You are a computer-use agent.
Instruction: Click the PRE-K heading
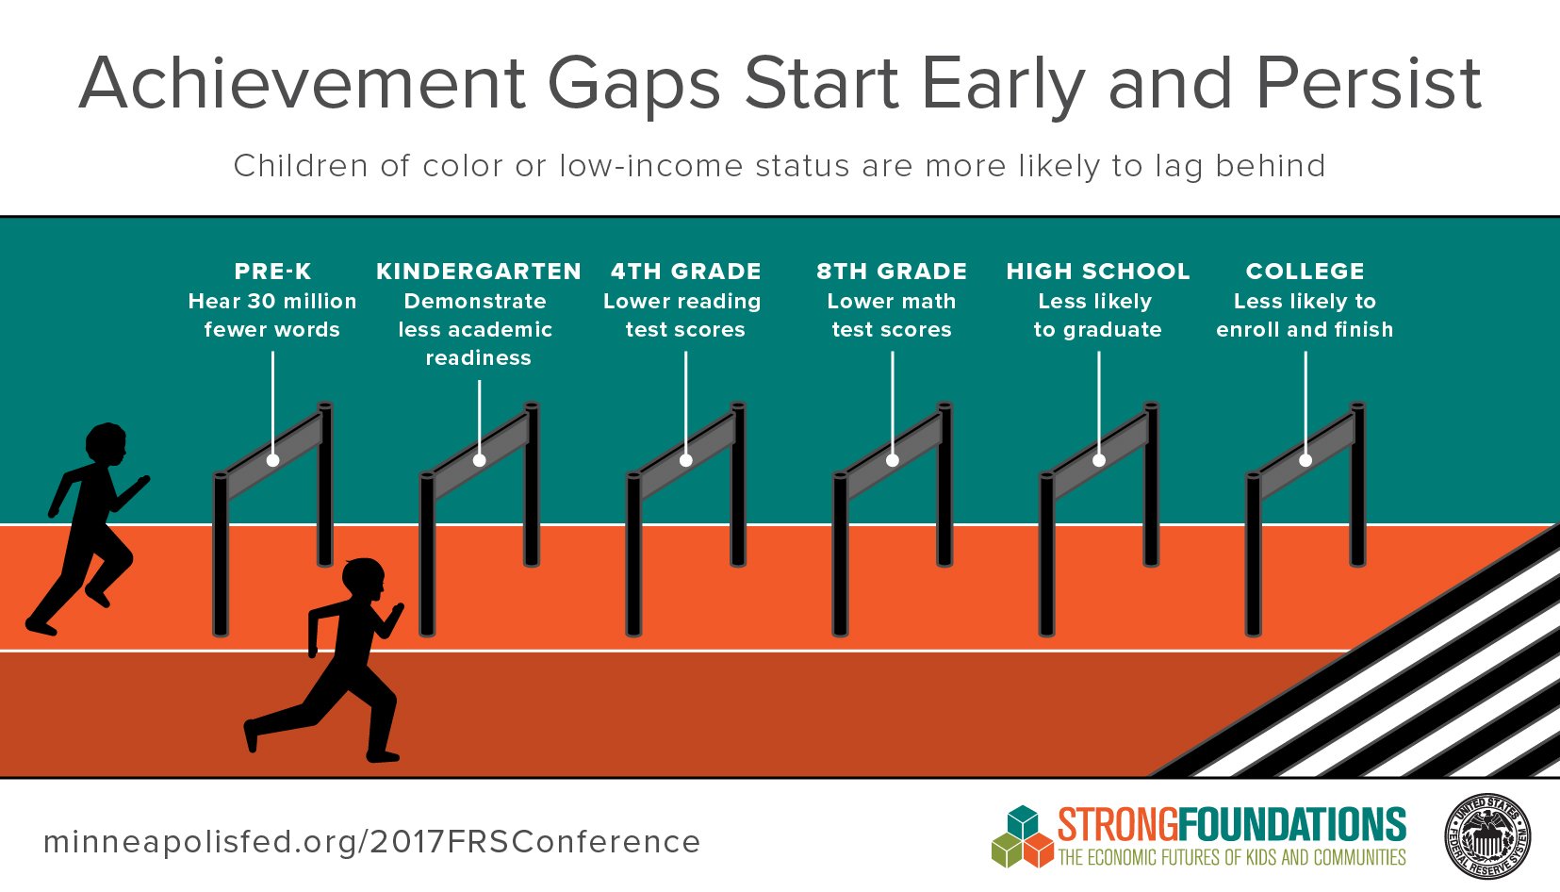272,271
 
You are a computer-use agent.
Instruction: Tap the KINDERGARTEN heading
479,271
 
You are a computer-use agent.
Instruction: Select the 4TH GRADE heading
686,271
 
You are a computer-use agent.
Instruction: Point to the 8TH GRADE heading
892,271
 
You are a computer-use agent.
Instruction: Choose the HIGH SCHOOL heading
1098,271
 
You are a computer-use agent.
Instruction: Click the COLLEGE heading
1305,271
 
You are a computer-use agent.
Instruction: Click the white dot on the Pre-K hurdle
273,461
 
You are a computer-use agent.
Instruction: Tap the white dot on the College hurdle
1305,461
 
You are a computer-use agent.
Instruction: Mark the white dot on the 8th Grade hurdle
892,461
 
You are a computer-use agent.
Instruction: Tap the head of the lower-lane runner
364,580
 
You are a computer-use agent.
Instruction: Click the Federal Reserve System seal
1487,835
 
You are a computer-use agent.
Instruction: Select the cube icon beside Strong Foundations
1023,836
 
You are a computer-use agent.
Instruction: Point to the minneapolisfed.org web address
372,842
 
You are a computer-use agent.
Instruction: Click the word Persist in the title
1370,84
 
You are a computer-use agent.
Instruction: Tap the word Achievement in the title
302,84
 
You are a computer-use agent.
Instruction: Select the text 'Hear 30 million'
272,302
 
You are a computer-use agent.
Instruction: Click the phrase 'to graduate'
1097,330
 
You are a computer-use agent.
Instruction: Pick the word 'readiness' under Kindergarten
479,358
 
